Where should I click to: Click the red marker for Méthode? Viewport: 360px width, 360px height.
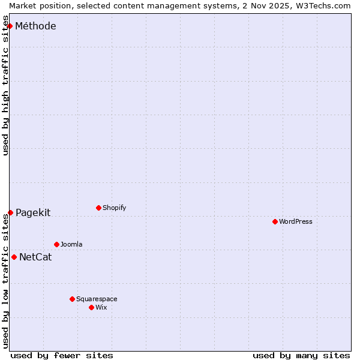10,26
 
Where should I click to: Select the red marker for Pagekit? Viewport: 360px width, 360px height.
10,212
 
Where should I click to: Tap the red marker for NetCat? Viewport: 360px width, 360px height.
14,257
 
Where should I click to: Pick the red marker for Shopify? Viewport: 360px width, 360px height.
98,208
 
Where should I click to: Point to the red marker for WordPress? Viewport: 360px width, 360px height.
275,221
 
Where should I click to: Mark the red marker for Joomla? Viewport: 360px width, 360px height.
56,244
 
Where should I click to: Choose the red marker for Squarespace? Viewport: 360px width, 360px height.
72,299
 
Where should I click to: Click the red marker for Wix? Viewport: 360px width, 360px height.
91,307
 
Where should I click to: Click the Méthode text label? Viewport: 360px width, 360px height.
35,26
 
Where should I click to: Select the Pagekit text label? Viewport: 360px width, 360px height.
33,212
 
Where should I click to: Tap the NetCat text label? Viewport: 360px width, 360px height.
35,257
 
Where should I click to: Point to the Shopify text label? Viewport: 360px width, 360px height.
114,208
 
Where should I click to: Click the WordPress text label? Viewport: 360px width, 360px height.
296,221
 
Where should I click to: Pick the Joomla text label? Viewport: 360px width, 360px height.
71,244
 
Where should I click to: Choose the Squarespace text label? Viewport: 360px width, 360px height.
97,299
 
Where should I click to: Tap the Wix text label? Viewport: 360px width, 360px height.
101,307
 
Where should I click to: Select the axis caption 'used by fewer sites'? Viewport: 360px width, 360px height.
62,355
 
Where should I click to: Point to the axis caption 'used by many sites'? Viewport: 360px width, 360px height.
301,355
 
